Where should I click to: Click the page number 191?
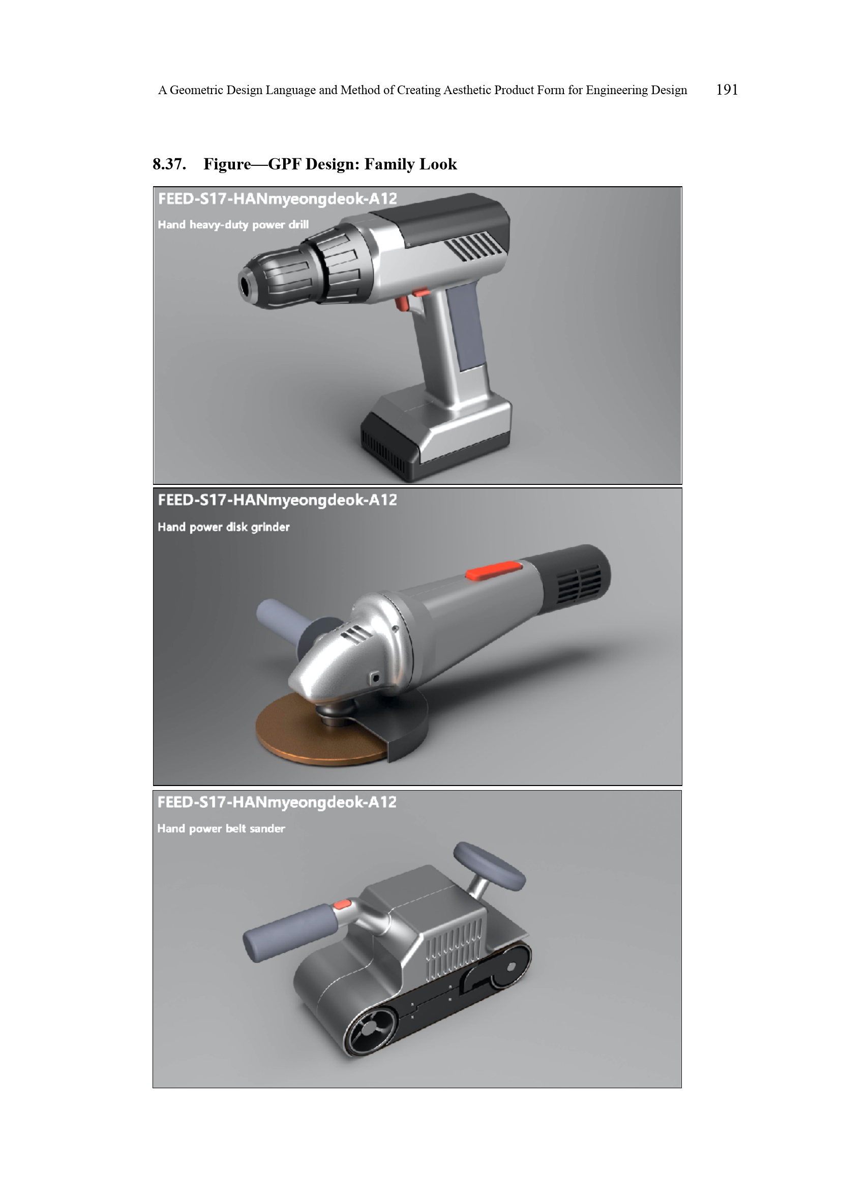727,90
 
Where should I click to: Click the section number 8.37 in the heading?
169,164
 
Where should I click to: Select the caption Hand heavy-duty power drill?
233,224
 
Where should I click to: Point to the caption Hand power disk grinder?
224,527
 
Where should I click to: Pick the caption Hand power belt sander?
221,828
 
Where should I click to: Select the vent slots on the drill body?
473,246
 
